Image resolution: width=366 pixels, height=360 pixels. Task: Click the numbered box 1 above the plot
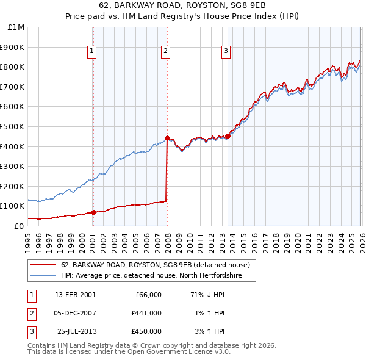tap(91, 52)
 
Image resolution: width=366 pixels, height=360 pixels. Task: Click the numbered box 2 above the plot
tap(165, 52)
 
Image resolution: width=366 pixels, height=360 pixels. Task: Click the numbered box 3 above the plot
tap(226, 52)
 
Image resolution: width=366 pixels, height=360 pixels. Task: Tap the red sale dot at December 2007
tap(167, 138)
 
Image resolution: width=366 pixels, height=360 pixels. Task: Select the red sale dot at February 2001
tap(93, 212)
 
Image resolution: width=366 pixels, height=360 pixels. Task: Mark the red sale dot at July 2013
tap(228, 136)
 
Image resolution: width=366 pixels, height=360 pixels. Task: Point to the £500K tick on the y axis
tap(12, 127)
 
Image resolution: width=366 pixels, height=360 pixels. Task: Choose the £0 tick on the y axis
tap(19, 226)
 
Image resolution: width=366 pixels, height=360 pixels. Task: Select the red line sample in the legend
tap(43, 265)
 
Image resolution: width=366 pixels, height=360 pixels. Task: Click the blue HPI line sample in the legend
tap(43, 276)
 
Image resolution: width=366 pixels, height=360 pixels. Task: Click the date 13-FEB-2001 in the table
tap(76, 295)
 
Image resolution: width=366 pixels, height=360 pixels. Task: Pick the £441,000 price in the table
tap(146, 313)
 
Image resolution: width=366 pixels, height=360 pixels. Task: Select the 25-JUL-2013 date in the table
tap(76, 331)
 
